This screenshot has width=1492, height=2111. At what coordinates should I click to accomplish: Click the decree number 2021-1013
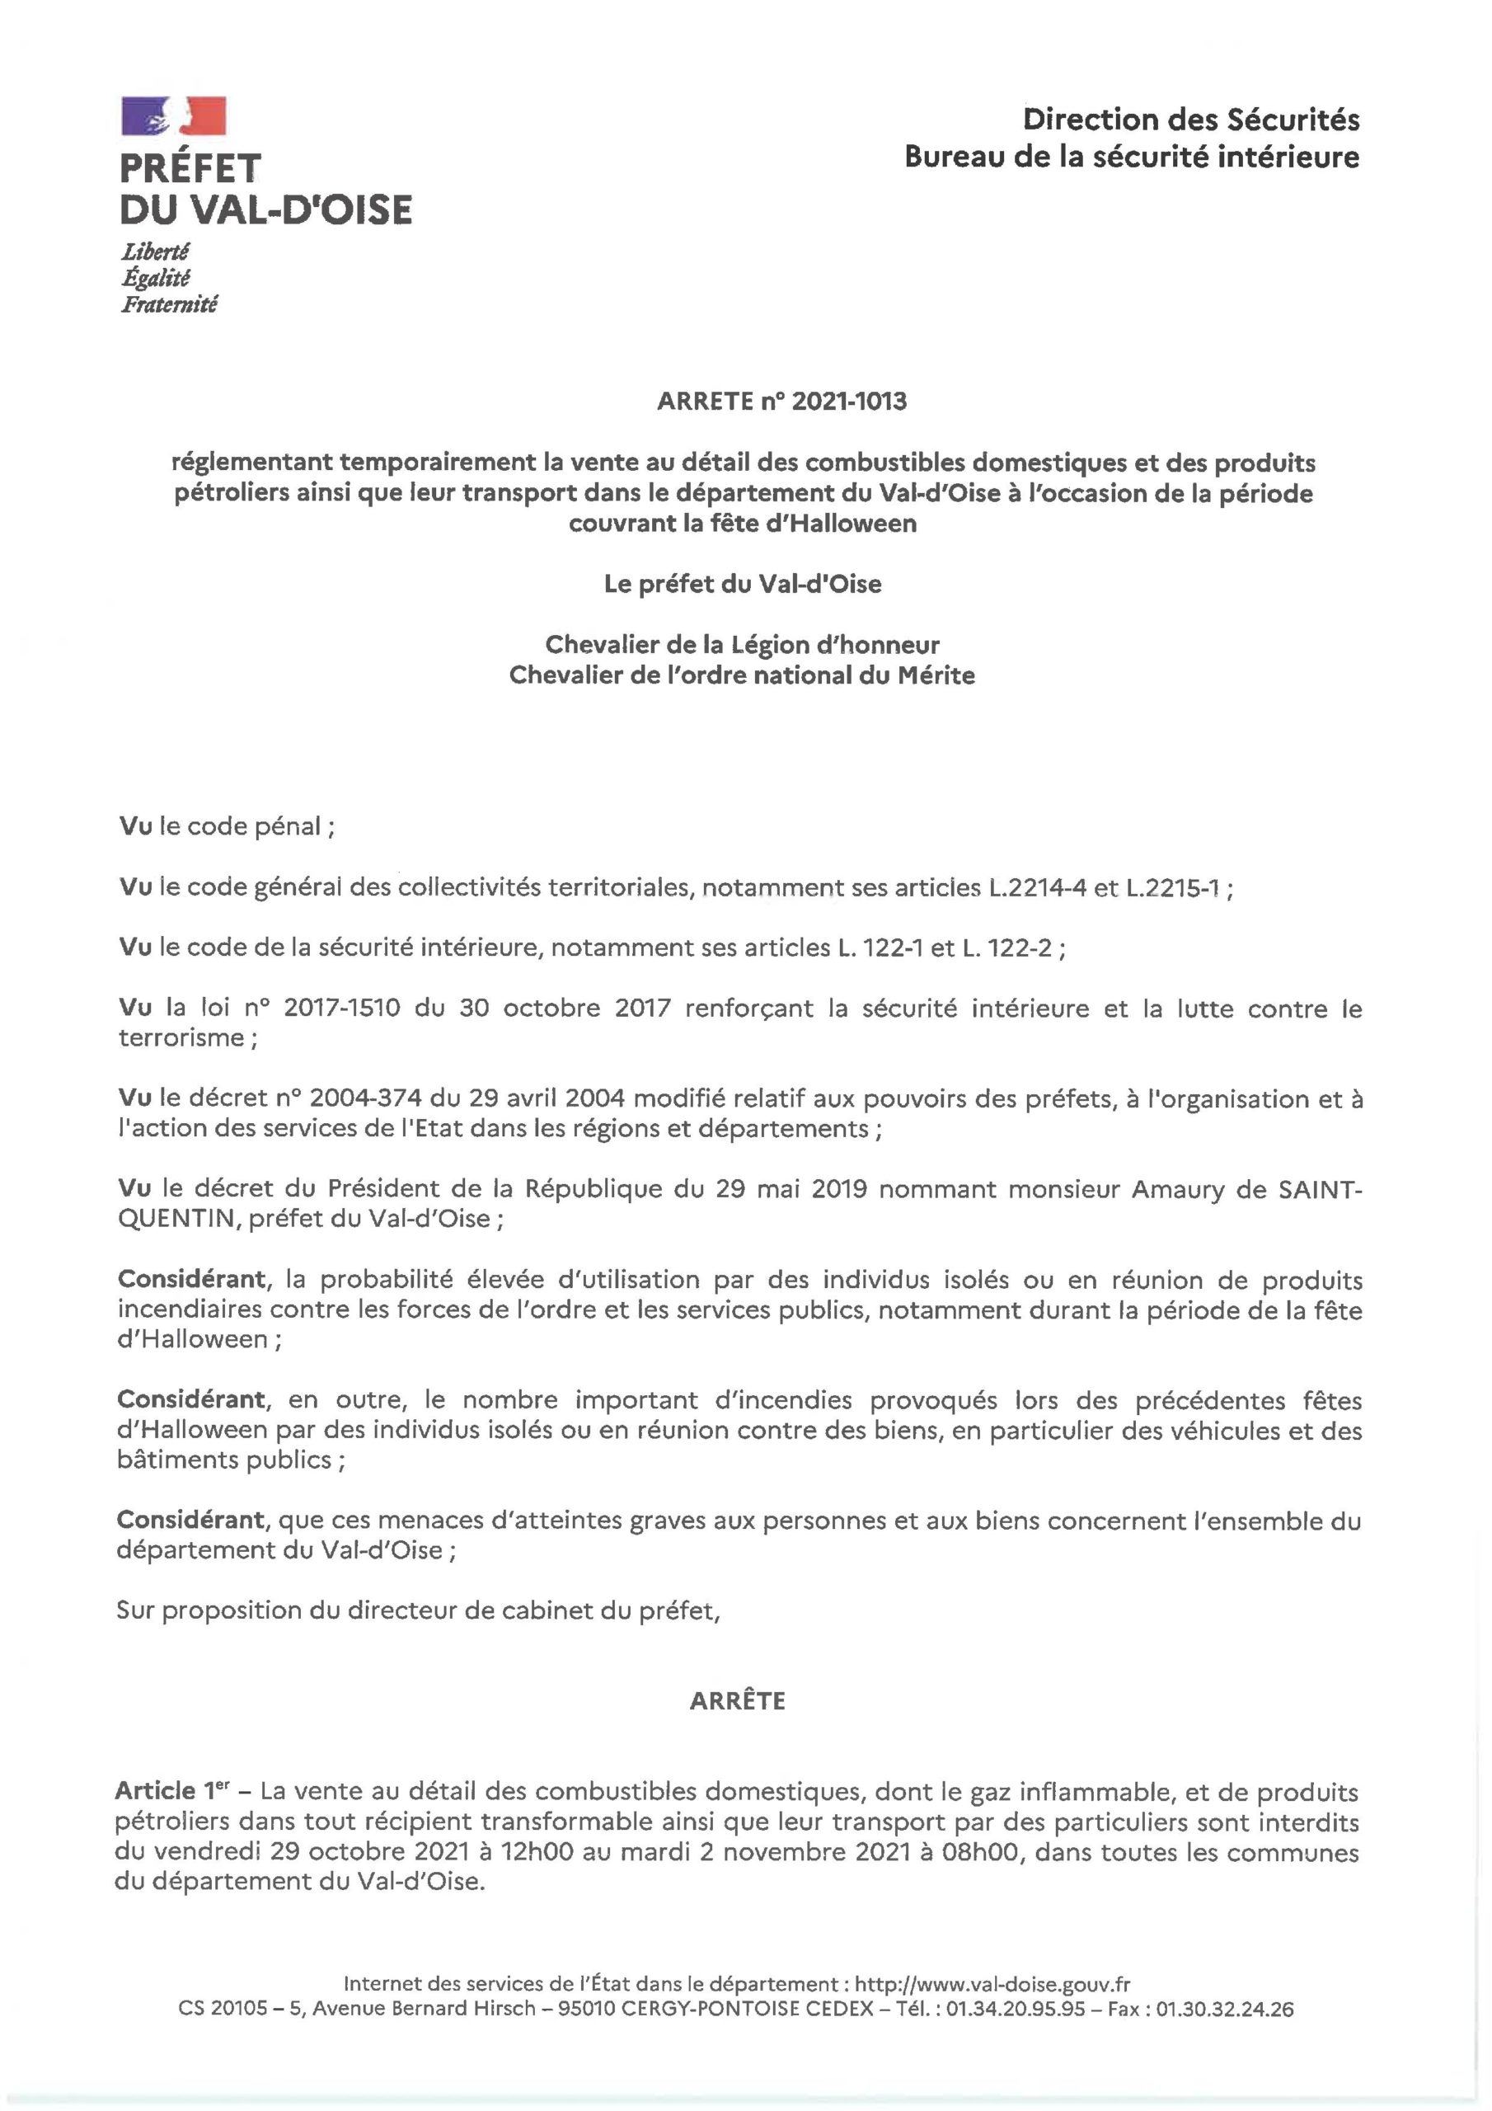[x=847, y=402]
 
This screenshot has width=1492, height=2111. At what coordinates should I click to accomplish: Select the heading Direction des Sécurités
[x=1190, y=120]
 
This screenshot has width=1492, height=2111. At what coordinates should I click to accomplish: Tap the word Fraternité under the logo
[x=168, y=304]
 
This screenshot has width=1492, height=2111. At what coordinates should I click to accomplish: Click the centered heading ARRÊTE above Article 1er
[x=737, y=1701]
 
